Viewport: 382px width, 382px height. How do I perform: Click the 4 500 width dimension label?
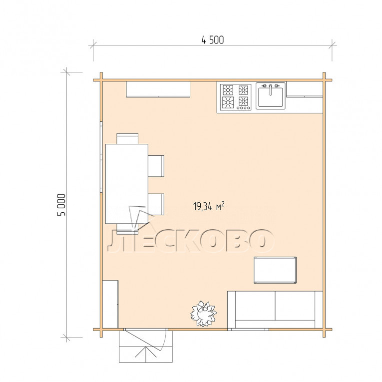pos(212,40)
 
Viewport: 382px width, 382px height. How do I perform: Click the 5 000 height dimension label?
pos(61,205)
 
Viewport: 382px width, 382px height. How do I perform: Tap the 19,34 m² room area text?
pos(209,206)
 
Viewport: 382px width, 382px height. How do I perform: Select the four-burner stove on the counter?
pos(236,97)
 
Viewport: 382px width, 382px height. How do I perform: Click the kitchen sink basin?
pos(271,96)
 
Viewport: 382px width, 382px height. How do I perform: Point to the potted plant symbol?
pos(203,314)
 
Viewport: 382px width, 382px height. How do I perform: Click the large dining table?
pos(127,184)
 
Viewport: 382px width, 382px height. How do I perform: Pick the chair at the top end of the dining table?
pos(127,139)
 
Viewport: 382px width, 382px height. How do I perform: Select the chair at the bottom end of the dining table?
pos(127,229)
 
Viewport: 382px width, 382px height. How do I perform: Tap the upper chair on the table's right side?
pos(156,166)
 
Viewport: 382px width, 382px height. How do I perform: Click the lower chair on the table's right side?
pos(156,204)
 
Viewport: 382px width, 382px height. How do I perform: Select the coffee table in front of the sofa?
pos(275,270)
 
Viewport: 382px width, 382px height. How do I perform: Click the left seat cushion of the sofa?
pos(255,306)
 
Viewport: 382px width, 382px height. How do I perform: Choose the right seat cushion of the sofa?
pos(295,306)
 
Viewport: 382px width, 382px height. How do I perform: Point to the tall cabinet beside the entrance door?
pos(110,304)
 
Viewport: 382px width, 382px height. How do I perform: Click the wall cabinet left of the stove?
pos(158,89)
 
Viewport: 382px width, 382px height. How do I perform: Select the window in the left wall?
pos(101,157)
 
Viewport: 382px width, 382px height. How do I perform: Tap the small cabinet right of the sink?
pos(305,89)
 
